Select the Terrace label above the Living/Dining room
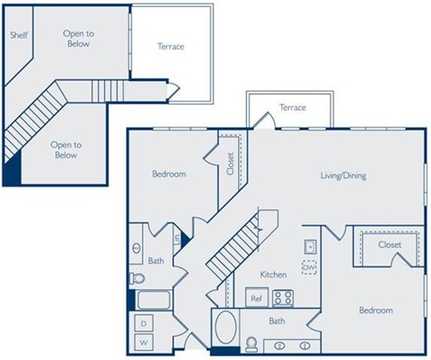coord(292,108)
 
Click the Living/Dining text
coord(342,176)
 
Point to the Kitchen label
coord(273,273)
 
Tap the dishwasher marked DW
coord(308,267)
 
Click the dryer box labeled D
coord(143,322)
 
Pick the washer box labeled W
coord(143,343)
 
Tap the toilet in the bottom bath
coord(253,345)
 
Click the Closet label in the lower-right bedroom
coord(390,244)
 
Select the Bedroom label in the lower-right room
coord(375,311)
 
